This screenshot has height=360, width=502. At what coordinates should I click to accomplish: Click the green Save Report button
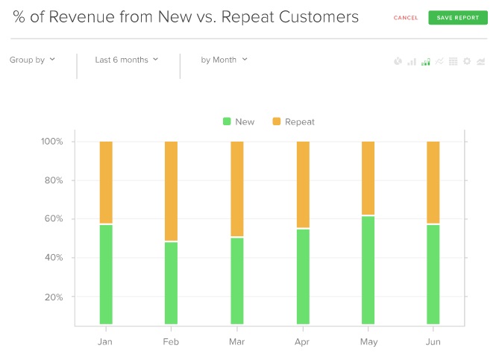tap(457, 17)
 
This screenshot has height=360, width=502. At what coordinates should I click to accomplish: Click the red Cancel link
tap(406, 18)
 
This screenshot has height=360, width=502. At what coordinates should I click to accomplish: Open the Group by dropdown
tap(32, 60)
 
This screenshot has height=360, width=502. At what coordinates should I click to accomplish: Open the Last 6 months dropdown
tap(127, 60)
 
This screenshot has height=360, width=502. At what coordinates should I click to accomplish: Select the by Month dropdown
tap(224, 60)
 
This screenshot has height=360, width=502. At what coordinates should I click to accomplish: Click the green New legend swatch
tap(227, 121)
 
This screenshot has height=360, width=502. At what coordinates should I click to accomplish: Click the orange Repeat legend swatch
tap(277, 121)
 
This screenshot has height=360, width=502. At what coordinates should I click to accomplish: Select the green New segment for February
tap(171, 283)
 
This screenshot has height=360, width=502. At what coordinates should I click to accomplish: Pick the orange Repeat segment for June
tap(433, 182)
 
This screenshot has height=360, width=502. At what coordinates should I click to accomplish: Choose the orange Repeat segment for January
tap(106, 182)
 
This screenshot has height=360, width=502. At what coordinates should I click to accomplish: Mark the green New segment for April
tap(303, 277)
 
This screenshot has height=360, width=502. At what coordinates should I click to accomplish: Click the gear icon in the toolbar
tap(467, 61)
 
